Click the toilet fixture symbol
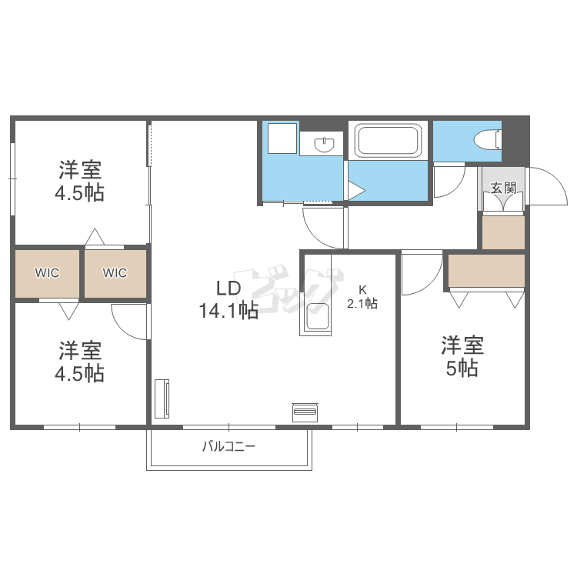[488, 140]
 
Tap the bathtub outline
[388, 140]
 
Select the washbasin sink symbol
[324, 144]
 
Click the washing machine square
[282, 138]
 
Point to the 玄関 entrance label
[503, 188]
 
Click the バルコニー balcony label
[228, 447]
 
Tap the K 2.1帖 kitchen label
[362, 297]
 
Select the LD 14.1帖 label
[228, 299]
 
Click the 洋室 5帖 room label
[462, 356]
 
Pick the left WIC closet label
[47, 272]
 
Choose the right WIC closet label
[115, 272]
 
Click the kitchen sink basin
[318, 316]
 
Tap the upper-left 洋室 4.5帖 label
[80, 181]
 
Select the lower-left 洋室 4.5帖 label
[80, 362]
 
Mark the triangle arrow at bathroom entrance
[356, 191]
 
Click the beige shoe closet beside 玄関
[503, 232]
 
